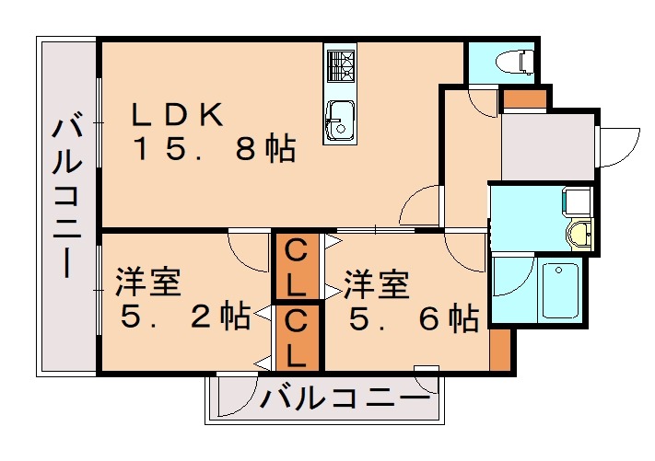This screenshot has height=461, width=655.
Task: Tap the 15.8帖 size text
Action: tap(214, 148)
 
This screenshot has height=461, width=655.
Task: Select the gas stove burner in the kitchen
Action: tap(340, 65)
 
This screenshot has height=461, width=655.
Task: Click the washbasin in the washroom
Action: tap(579, 234)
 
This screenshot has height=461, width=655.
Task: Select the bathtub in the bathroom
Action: tap(560, 290)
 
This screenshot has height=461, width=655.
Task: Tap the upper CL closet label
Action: tap(295, 266)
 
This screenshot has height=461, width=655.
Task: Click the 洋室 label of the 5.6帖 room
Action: tap(376, 284)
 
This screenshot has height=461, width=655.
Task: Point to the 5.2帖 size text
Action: tap(186, 318)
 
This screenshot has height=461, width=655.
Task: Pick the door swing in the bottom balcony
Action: tap(231, 393)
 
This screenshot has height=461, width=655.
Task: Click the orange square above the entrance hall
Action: tap(523, 98)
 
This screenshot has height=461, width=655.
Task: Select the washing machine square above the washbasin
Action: tap(578, 200)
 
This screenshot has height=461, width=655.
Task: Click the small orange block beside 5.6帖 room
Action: tap(499, 349)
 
